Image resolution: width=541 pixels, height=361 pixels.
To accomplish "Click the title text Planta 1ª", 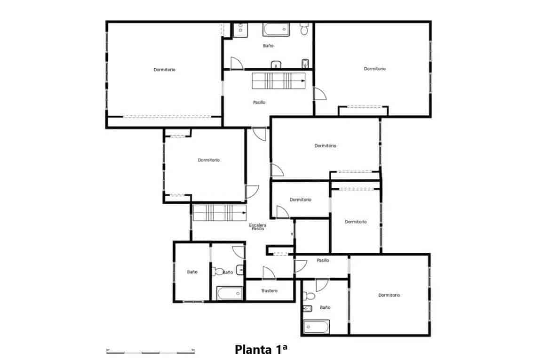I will tap(261, 350).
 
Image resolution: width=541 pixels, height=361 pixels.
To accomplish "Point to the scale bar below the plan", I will tap(150, 351).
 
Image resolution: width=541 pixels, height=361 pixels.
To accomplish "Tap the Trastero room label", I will tap(270, 291).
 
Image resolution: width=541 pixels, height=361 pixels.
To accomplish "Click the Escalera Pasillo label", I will tap(258, 227).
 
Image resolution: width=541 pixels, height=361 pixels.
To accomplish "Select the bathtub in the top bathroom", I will tap(276, 29).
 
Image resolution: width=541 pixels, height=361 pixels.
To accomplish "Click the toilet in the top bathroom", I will tap(304, 30).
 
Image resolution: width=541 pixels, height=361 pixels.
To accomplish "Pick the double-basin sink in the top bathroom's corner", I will tap(240, 29).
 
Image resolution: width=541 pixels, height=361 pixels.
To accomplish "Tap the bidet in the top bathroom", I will tap(304, 63).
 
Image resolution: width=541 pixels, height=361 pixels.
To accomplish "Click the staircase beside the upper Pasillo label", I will tap(279, 80).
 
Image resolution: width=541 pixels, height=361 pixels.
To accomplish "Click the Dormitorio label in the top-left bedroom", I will tap(164, 70).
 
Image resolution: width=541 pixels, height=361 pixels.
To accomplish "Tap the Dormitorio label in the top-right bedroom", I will tap(374, 69).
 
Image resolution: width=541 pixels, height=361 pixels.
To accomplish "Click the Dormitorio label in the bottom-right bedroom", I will tap(389, 295).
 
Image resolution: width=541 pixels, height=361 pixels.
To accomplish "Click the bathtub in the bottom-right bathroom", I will tap(316, 326).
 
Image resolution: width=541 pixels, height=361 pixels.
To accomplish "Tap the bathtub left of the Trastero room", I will tap(230, 293).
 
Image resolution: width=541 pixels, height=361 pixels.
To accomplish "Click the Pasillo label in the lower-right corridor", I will tap(323, 260).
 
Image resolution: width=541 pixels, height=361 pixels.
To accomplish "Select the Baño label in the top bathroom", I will tap(268, 46).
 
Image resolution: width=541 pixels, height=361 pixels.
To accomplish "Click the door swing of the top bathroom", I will tap(237, 64).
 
